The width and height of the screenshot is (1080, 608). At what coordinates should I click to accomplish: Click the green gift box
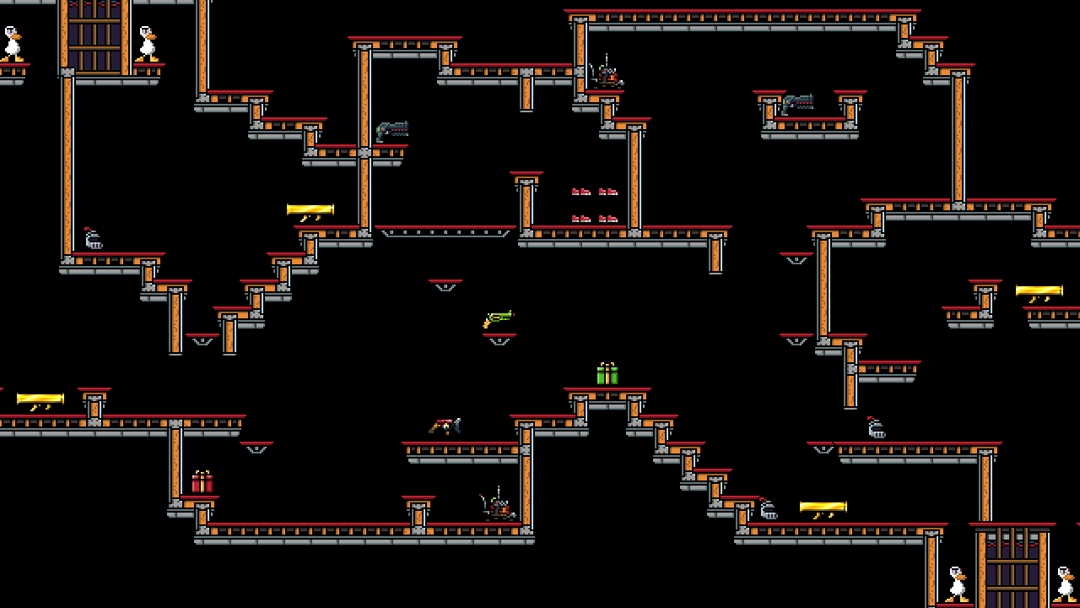point(607,375)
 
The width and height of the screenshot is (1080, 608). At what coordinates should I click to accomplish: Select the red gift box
point(202,483)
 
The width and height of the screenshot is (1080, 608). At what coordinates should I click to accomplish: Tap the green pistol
point(498,319)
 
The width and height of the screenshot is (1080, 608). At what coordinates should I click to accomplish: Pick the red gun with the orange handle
point(445,426)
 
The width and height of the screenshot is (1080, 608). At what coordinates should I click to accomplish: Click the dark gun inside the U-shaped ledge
point(797,104)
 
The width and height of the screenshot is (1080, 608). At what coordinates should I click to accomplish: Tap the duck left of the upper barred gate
point(12,44)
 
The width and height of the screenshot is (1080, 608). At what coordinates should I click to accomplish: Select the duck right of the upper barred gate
point(148,44)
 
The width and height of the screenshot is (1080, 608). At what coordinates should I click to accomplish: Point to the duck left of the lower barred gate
point(956,584)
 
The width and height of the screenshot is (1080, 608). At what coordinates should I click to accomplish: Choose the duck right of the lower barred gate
point(1065,584)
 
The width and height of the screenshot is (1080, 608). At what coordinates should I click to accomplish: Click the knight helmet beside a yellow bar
point(768,509)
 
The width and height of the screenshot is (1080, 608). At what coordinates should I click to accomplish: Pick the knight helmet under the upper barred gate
point(93,240)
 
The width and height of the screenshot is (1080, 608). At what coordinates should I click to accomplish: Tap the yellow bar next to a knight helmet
point(823,508)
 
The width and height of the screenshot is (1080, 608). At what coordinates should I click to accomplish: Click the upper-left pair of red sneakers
point(580,193)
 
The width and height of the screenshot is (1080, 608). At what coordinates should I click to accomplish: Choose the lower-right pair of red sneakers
point(608,220)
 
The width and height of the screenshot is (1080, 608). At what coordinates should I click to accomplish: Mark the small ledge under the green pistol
point(499,339)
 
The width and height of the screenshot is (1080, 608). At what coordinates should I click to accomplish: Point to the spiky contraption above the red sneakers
point(606,74)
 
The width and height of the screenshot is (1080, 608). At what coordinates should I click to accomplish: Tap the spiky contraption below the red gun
point(499,507)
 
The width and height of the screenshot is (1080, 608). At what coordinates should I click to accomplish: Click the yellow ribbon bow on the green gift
point(607,365)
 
